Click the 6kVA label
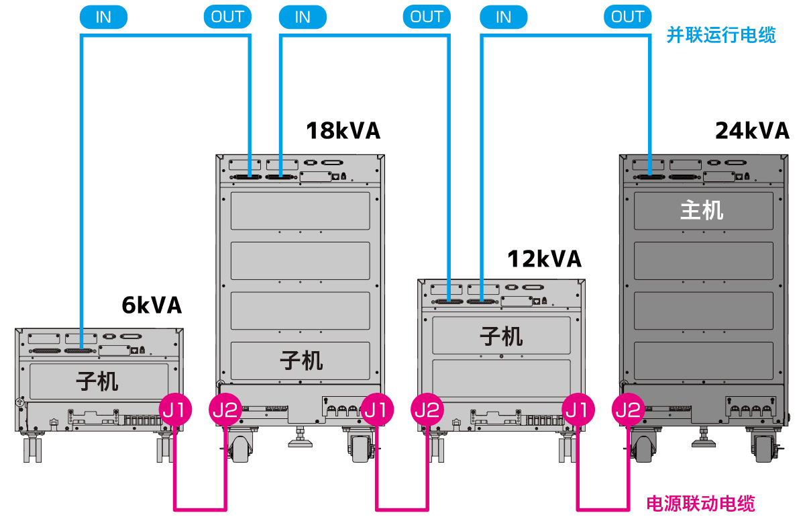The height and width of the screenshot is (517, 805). (x=152, y=305)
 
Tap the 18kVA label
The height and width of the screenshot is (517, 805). (x=343, y=130)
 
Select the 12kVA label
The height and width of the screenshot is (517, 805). (x=544, y=258)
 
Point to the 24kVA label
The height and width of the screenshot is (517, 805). (x=752, y=130)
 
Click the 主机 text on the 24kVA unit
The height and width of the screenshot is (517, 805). (x=702, y=210)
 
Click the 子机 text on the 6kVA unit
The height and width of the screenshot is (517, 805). (x=97, y=381)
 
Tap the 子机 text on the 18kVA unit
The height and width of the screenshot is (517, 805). (x=301, y=361)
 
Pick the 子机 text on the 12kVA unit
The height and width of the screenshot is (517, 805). (x=501, y=336)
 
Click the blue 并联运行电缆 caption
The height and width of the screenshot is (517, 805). (x=721, y=35)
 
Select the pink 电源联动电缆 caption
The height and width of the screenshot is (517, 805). (x=700, y=503)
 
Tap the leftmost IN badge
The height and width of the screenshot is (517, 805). (x=103, y=17)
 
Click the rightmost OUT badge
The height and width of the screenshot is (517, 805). (x=627, y=17)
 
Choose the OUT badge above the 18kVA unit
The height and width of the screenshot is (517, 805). (x=227, y=17)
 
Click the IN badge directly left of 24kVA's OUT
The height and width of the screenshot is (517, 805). (x=504, y=17)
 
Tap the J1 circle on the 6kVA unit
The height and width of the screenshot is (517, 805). (x=176, y=409)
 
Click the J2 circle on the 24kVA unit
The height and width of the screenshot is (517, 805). (x=628, y=409)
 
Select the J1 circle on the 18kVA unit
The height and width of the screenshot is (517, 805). (x=377, y=409)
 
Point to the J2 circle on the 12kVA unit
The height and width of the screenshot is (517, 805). (x=427, y=409)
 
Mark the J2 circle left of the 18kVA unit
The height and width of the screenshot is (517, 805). (x=225, y=409)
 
